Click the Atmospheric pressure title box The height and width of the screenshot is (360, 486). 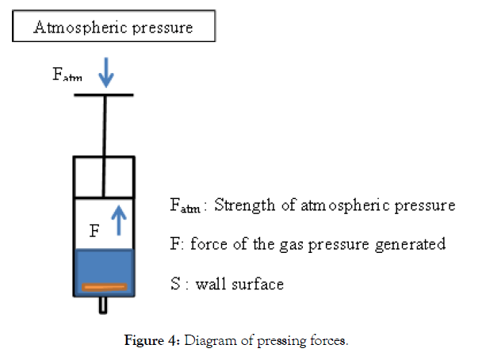click(x=113, y=28)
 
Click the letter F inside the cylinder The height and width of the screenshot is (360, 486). click(x=94, y=232)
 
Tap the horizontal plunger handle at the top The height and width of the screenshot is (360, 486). click(x=104, y=95)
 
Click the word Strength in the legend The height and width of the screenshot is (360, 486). click(x=245, y=206)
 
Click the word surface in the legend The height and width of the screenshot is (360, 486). click(x=257, y=283)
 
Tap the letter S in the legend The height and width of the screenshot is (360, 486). click(x=175, y=282)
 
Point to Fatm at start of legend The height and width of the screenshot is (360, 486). click(x=185, y=207)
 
